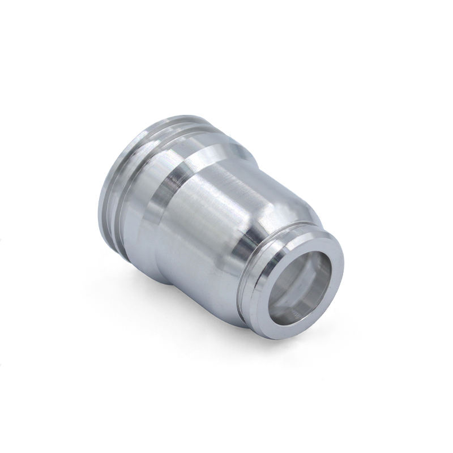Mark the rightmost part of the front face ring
click(x=343, y=266)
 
